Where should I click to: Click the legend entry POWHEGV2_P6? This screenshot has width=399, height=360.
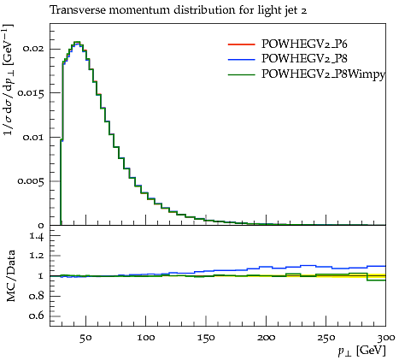tap(304, 44)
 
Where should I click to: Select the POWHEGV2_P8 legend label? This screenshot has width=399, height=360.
tap(304, 58)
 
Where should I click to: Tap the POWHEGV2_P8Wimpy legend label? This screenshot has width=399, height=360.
tap(323, 74)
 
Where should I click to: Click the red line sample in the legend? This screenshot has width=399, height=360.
tap(241, 44)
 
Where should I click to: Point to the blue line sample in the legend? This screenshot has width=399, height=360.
tap(241, 59)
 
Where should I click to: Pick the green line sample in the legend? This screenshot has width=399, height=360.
tap(241, 74)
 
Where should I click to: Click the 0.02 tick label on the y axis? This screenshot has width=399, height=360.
tap(33, 49)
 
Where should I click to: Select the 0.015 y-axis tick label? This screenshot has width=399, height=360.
tap(31, 93)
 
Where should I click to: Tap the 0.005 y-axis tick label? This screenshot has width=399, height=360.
tap(31, 181)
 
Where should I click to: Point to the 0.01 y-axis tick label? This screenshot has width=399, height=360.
tap(33, 137)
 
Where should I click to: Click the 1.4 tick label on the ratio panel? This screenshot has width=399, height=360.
tap(37, 237)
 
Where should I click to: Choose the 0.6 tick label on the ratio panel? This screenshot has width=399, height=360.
tap(37, 316)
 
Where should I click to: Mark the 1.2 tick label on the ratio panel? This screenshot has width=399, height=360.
tap(37, 256)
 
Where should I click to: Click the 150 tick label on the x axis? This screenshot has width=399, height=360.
tap(206, 338)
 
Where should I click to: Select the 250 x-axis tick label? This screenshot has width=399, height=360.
tap(326, 338)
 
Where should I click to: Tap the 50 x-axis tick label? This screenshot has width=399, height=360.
tap(85, 338)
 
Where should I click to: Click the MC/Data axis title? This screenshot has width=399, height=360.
tap(11, 275)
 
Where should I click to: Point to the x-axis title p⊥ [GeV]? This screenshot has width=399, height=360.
tap(361, 351)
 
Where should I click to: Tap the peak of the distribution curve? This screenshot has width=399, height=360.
tap(77, 42)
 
